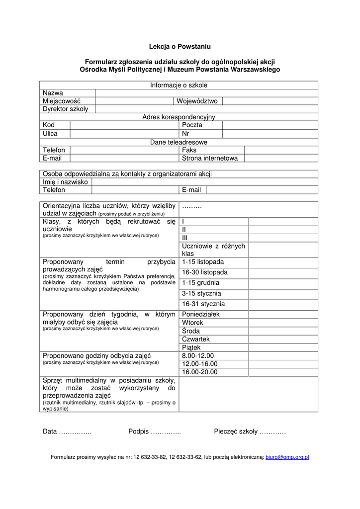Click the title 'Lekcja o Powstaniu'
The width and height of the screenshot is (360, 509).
click(x=180, y=47)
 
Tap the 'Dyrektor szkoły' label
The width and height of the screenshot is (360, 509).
click(x=65, y=109)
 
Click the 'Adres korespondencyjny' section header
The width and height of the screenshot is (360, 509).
click(x=179, y=117)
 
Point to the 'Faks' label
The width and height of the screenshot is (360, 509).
click(x=189, y=150)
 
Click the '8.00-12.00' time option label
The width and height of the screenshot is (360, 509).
click(x=198, y=356)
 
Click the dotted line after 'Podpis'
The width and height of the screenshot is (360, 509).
click(x=166, y=431)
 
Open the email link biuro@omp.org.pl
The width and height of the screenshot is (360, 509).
click(x=287, y=457)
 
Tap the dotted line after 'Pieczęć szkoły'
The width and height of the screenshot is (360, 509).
click(x=272, y=431)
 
